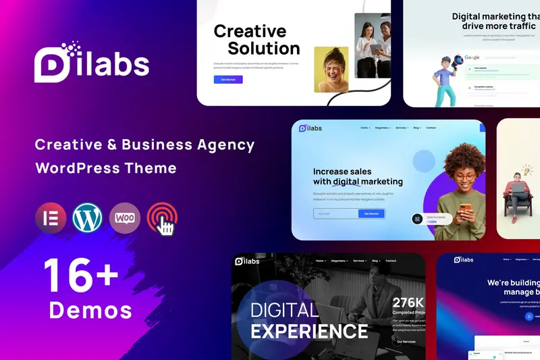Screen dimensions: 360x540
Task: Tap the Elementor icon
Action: [51, 218]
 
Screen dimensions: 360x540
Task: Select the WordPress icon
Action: [88, 218]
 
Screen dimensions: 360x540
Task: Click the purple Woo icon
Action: [125, 218]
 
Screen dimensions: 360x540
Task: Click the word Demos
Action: [90, 310]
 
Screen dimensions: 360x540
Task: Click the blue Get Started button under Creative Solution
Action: [227, 80]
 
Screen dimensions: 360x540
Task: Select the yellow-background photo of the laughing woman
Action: [331, 70]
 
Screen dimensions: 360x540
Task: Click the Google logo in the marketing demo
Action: [472, 58]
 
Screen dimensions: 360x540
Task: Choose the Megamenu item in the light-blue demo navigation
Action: [383, 128]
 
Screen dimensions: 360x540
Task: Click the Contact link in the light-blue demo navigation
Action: [431, 128]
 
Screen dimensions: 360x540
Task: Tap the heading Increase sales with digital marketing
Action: [357, 176]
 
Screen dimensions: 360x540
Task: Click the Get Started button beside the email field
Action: [371, 213]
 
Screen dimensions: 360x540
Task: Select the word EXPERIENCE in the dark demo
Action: [309, 331]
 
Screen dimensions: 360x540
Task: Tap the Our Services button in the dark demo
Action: [406, 342]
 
